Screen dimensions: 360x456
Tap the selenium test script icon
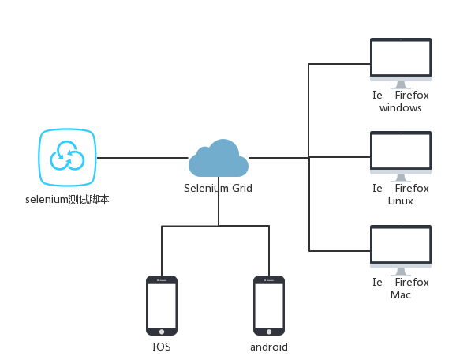pos(68,156)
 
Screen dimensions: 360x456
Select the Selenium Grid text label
pos(219,188)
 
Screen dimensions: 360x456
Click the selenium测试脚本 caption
pos(67,200)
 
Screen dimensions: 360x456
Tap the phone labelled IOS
pos(162,305)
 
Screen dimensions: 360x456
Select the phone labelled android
pos(269,305)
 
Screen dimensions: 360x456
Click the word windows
pos(401,107)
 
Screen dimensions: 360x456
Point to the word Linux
pos(401,201)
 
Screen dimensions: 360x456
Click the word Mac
pos(401,294)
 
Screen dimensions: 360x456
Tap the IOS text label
pos(162,347)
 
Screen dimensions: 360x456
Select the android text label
pos(269,347)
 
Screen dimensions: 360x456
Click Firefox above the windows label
pos(412,95)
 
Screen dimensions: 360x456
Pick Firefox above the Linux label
pos(412,188)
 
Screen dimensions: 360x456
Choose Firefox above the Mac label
pos(412,282)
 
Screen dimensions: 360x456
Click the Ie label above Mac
pos(378,282)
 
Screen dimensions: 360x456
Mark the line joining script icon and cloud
pos(142,157)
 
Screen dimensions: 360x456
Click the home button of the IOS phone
pos(162,330)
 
